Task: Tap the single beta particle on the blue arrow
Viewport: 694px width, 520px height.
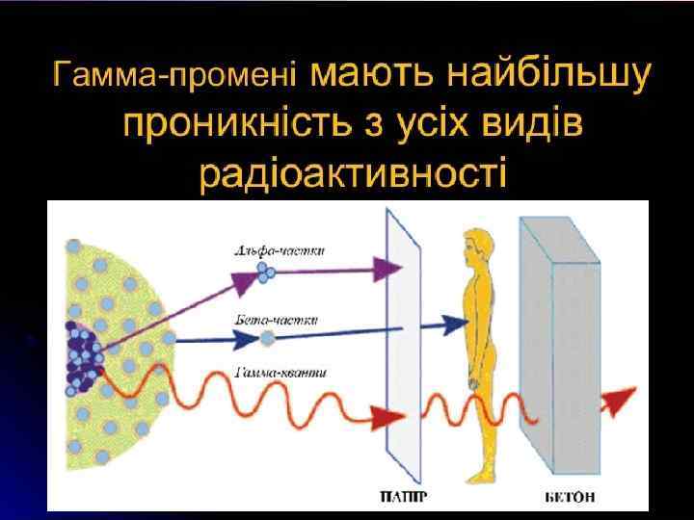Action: pos(266,338)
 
